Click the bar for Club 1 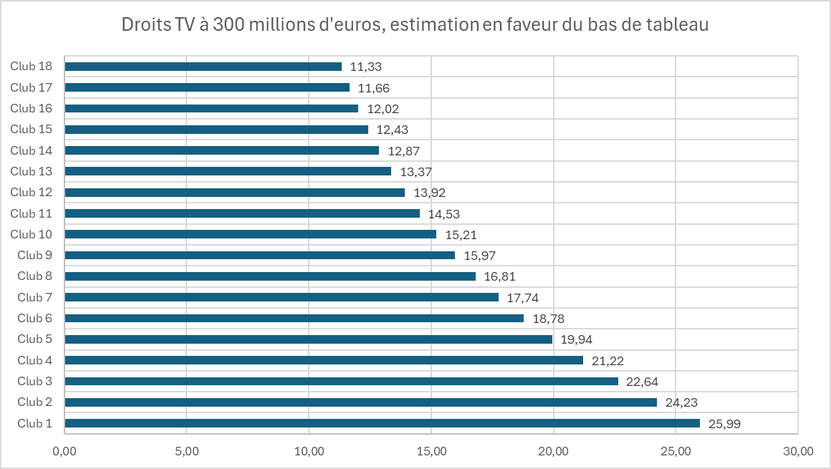click(382, 423)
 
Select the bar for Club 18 click(203, 67)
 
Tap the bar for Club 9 click(260, 255)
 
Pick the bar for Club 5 click(309, 339)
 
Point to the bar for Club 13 click(228, 171)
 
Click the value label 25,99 click(724, 424)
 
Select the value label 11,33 click(366, 67)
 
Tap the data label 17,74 click(523, 298)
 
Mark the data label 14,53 click(444, 214)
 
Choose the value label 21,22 click(607, 361)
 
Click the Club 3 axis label click(35, 381)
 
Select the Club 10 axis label click(32, 234)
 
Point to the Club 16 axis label click(32, 109)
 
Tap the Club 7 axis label click(35, 297)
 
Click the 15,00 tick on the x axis click(431, 452)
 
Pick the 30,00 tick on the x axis click(798, 452)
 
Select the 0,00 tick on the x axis click(65, 452)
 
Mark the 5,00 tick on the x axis click(186, 452)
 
